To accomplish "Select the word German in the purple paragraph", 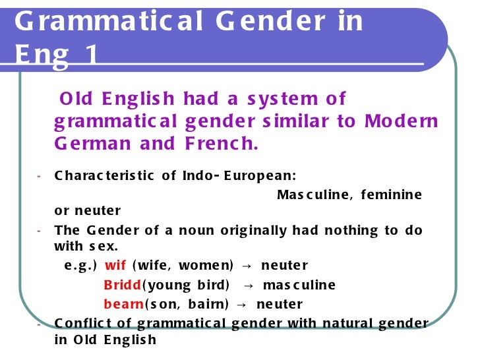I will coord(90,143).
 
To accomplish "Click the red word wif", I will coord(115,266).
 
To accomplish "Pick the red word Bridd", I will coord(122,285).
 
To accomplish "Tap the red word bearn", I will coord(123,305).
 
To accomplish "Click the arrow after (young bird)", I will coord(249,285).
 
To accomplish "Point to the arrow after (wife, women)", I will coord(246,266).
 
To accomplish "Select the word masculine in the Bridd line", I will coord(299,285).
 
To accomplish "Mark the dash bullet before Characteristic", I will coord(40,176).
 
